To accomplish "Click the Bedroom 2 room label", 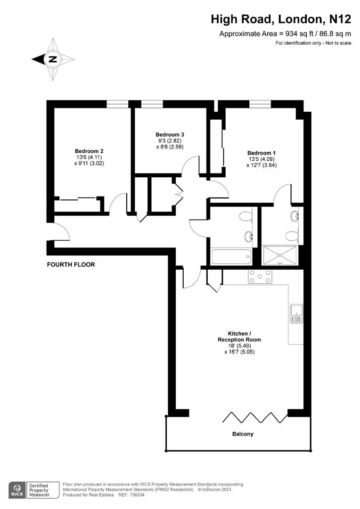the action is click(89, 151).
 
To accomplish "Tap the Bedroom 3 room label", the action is click(170, 134).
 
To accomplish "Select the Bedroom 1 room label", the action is click(262, 153).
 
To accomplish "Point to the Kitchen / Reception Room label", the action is click(239, 337).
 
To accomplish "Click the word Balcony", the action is click(243, 434).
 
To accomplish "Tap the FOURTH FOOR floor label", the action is click(71, 264).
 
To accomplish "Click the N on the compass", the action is click(52, 59).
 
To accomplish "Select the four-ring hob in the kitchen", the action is click(260, 277).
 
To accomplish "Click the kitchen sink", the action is click(296, 314).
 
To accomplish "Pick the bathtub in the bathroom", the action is click(231, 257).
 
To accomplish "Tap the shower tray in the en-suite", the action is click(280, 255).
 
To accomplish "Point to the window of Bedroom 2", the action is click(117, 104).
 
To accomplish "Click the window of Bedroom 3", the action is click(152, 104).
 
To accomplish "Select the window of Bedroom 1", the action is click(260, 104).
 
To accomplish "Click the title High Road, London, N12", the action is click(281, 19).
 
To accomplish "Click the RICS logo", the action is click(17, 490).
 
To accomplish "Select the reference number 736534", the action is click(137, 495).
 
